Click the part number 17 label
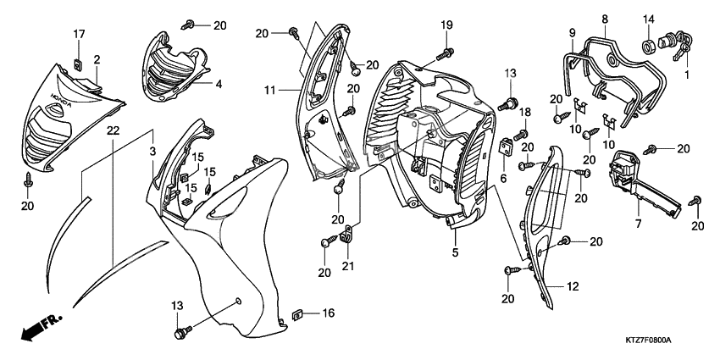pos(79,34)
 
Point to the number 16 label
pos(328,313)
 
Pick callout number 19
pos(446,25)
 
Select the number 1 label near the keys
pos(688,75)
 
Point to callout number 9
pos(571,32)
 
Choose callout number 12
pos(573,288)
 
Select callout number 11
pos(270,89)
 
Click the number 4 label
pos(218,84)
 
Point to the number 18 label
pos(524,113)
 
